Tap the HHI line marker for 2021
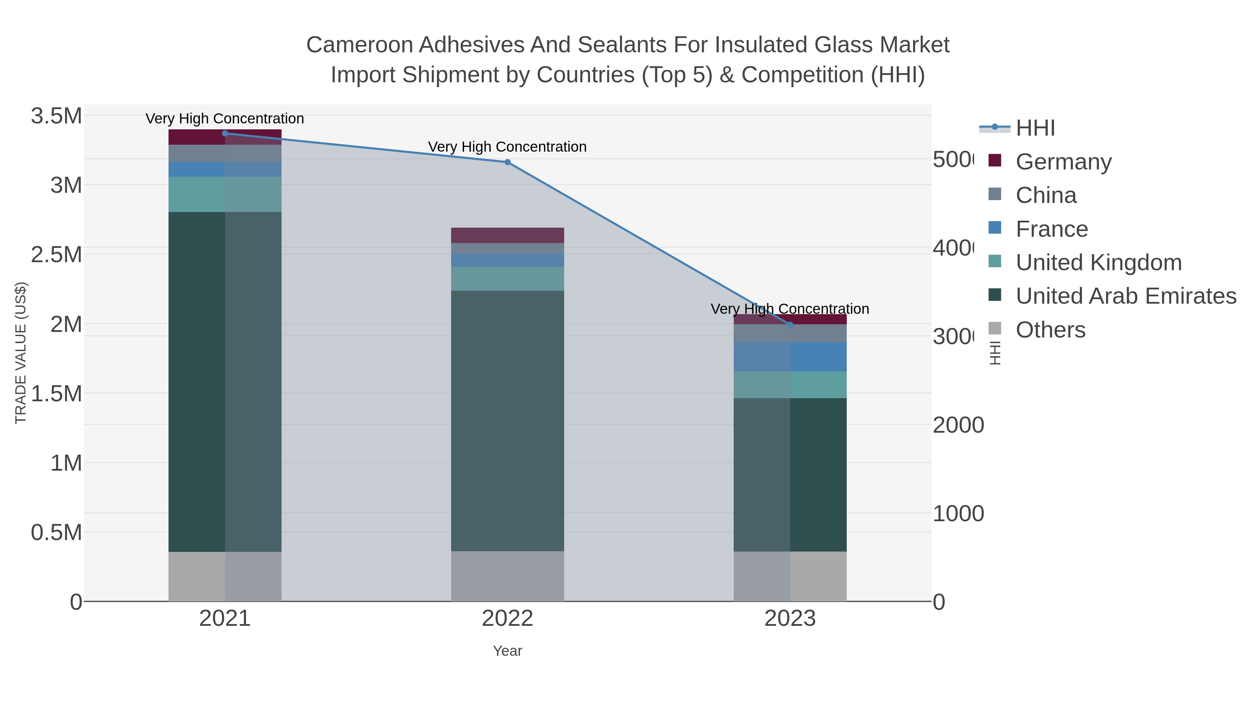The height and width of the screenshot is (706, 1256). click(x=225, y=134)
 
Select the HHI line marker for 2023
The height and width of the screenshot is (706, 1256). click(x=790, y=325)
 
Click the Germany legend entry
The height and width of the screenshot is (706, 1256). click(x=1063, y=162)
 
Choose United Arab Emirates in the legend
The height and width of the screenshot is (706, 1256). click(x=1125, y=296)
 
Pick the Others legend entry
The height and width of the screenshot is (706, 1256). click(x=1050, y=330)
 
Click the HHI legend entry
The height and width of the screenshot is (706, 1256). click(x=1035, y=128)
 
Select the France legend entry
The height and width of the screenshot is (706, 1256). click(x=1051, y=229)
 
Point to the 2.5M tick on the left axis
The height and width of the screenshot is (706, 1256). click(x=57, y=255)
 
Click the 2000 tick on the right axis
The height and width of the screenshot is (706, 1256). click(x=958, y=425)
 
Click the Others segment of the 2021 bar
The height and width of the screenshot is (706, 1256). click(x=225, y=576)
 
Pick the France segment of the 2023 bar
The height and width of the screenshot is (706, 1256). click(x=790, y=357)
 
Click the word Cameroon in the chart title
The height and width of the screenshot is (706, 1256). click(x=359, y=45)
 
